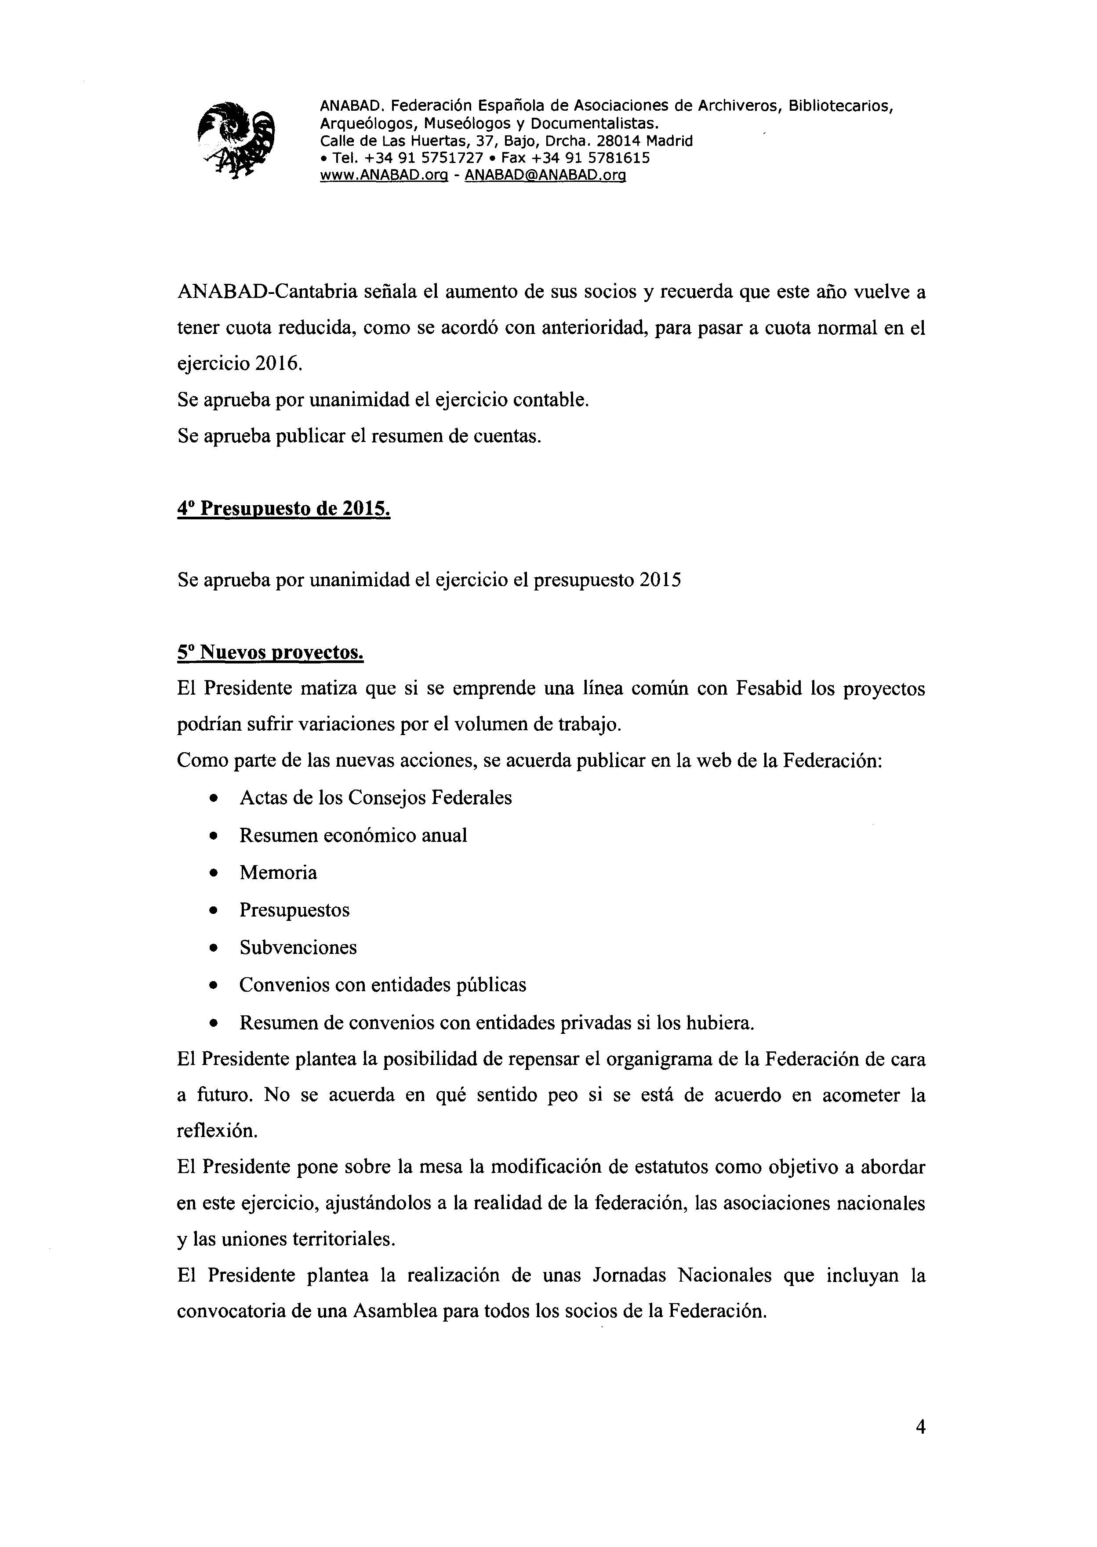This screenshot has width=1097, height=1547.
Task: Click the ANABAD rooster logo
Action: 236,140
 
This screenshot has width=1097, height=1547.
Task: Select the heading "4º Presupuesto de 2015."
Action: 284,508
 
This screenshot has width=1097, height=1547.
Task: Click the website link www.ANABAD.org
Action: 384,176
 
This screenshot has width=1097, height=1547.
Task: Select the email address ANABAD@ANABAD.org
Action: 546,176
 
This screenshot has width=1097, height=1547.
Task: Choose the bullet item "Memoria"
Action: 278,873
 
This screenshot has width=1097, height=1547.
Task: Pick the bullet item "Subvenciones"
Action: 298,947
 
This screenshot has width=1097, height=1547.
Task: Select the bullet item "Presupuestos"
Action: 294,910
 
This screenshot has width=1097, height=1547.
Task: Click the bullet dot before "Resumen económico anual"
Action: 214,836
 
